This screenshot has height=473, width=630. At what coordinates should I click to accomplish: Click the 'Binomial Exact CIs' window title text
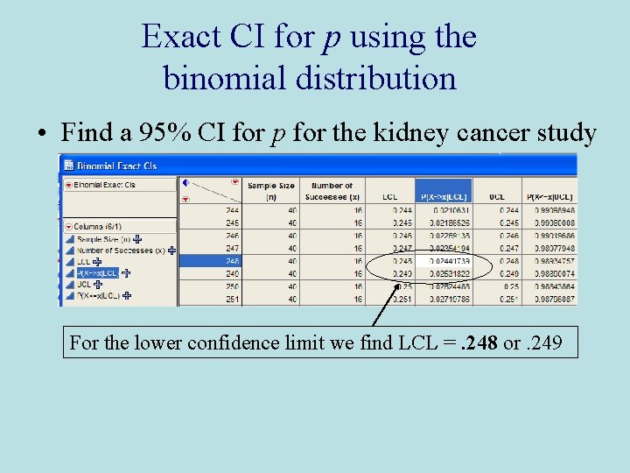(116, 165)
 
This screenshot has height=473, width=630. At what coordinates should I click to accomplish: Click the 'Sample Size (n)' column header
(271, 190)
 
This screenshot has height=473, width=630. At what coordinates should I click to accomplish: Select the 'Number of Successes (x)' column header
(332, 190)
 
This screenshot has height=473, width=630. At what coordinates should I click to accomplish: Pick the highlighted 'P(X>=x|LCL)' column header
(446, 196)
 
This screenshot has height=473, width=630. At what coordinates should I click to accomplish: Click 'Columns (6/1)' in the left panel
(98, 227)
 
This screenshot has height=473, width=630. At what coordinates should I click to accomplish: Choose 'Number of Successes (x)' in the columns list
(121, 251)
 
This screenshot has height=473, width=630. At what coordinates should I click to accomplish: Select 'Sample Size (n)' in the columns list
(103, 239)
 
